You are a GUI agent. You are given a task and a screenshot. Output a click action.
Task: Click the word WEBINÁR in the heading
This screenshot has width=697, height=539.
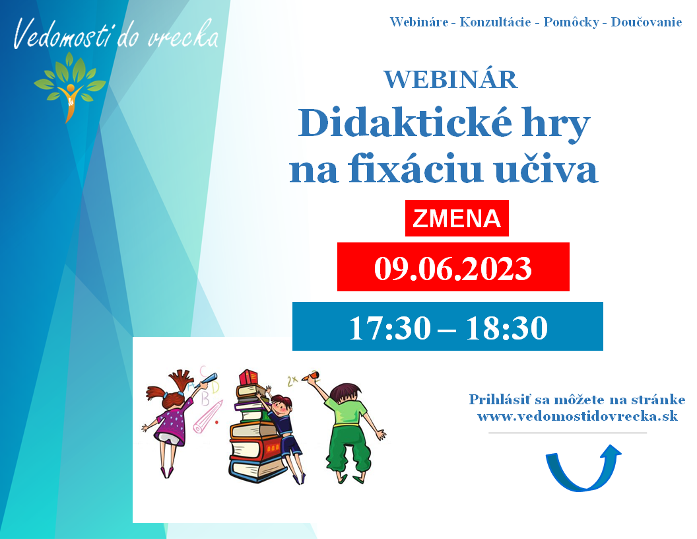click(x=451, y=79)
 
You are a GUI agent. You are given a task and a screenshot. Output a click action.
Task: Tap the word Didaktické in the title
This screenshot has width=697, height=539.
click(x=405, y=123)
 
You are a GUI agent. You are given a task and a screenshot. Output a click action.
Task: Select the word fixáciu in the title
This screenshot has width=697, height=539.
click(x=415, y=169)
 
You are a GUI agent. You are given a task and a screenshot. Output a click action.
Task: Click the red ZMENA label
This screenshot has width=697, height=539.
click(x=457, y=219)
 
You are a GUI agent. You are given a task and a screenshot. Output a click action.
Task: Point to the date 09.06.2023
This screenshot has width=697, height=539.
click(x=453, y=268)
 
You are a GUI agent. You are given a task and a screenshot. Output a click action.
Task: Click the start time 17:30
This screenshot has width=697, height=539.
click(x=390, y=328)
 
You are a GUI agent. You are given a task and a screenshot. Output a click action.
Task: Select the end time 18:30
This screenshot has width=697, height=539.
click(x=506, y=328)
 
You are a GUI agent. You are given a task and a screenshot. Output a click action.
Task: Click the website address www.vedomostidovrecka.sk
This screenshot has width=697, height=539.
click(x=578, y=416)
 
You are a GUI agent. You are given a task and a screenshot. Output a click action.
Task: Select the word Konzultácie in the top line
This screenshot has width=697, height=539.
click(x=495, y=22)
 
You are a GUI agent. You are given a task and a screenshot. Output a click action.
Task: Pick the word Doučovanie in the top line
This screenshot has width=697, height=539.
click(x=646, y=22)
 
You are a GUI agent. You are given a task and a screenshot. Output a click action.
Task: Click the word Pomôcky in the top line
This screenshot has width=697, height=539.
click(x=571, y=22)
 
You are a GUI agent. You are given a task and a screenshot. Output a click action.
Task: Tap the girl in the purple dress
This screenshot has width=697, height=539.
click(x=171, y=418)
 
